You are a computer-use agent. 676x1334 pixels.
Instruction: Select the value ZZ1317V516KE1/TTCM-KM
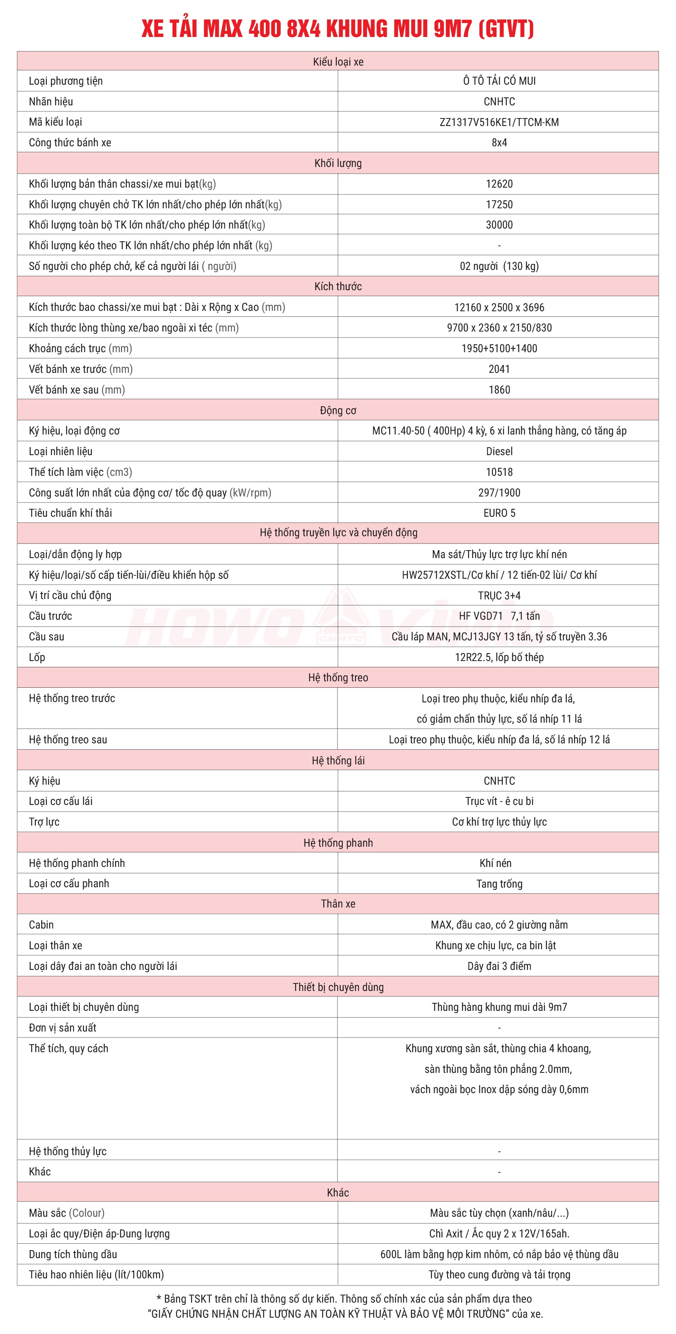click(x=499, y=122)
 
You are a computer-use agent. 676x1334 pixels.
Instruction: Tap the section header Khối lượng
click(x=338, y=163)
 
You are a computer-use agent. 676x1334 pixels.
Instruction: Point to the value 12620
click(x=499, y=184)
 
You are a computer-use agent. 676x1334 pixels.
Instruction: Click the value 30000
click(x=499, y=225)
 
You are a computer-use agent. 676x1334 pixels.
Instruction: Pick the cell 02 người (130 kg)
click(x=499, y=266)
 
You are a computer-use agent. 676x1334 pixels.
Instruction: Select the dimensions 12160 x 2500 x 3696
click(x=499, y=307)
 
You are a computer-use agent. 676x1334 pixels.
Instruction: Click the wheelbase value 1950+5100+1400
click(x=499, y=349)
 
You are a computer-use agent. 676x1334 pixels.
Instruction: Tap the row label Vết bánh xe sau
click(x=77, y=390)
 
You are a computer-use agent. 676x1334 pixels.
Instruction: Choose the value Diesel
click(x=499, y=451)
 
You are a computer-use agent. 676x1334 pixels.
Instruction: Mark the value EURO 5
click(x=499, y=513)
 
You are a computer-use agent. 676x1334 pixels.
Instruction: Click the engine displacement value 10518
click(x=499, y=472)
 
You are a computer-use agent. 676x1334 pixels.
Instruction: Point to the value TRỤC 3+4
click(x=499, y=595)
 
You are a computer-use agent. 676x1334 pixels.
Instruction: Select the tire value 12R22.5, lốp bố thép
click(x=499, y=657)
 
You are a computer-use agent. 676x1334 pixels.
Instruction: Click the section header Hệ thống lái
click(x=338, y=760)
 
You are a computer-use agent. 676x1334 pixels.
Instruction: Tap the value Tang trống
click(x=499, y=884)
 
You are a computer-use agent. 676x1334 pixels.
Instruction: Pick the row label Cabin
click(x=41, y=924)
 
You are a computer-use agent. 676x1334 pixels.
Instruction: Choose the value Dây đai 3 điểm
click(x=499, y=966)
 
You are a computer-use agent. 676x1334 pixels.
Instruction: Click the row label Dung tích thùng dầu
click(x=73, y=1254)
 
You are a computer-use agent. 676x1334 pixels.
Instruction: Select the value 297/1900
click(x=499, y=492)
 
